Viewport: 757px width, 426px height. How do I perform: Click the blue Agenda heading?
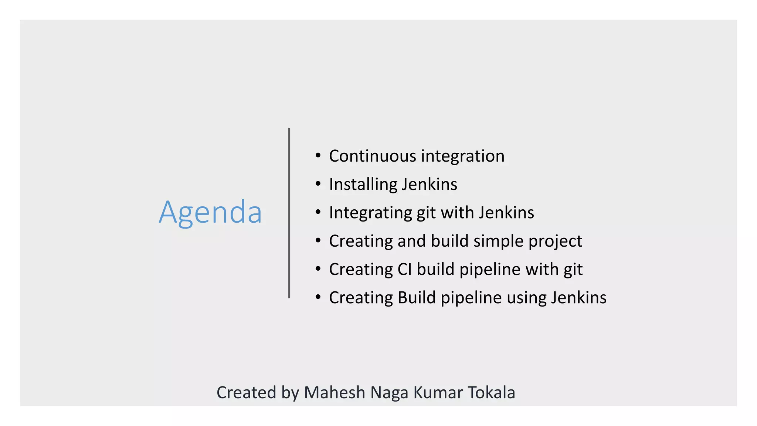point(210,212)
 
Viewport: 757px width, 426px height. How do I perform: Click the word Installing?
point(363,185)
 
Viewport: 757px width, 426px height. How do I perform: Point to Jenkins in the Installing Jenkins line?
point(430,185)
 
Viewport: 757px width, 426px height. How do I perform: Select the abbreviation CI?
point(404,269)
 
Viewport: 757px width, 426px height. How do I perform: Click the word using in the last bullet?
point(526,298)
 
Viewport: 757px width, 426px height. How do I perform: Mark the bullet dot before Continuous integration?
point(318,155)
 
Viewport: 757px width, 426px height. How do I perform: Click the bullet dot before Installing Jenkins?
point(318,184)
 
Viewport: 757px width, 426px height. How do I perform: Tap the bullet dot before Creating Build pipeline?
point(318,297)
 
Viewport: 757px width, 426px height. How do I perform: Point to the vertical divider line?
point(289,213)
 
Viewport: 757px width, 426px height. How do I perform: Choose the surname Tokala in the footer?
point(491,393)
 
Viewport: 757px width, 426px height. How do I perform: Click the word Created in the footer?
point(246,393)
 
